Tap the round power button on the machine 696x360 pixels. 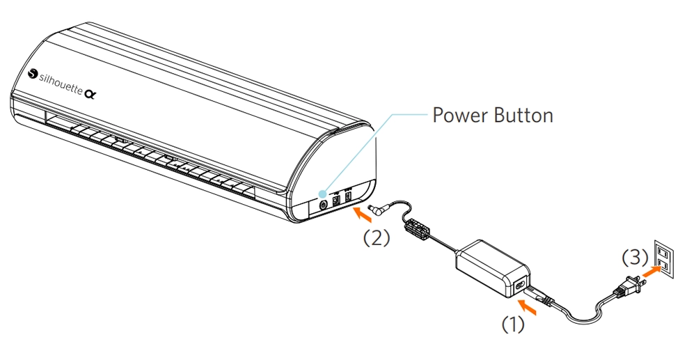tap(323, 205)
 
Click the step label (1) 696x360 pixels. tap(514, 324)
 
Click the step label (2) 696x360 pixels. tap(376, 237)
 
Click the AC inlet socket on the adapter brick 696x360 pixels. tap(521, 285)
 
